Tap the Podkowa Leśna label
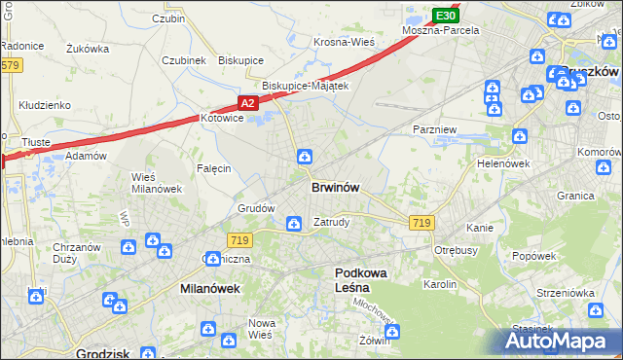click(x=360, y=280)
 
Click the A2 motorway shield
click(x=247, y=102)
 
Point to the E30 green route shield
click(x=445, y=16)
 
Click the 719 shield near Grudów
click(x=239, y=240)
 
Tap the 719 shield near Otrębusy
click(x=421, y=223)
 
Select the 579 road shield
click(x=10, y=65)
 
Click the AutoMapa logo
click(x=565, y=342)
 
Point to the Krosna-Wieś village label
click(x=344, y=43)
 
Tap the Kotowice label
click(x=220, y=118)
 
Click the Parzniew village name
click(x=432, y=128)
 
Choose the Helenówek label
click(x=501, y=163)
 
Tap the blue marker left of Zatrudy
click(x=293, y=225)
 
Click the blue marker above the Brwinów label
click(x=305, y=156)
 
